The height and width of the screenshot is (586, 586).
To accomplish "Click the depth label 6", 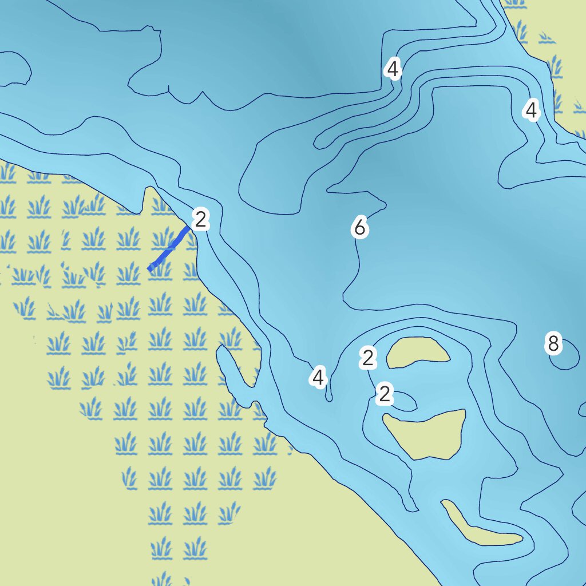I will point(359,228).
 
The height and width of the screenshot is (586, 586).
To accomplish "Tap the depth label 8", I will point(552,344).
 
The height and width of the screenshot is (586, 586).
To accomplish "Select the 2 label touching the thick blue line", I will point(200,219).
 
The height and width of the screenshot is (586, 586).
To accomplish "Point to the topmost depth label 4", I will point(392,69).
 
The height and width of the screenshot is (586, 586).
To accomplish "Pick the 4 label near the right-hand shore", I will point(532,110).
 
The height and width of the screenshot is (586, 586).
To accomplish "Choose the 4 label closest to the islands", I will point(318,378).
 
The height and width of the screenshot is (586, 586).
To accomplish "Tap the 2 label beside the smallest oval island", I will point(368,358).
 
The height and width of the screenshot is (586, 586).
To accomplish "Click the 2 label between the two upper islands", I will point(385,394).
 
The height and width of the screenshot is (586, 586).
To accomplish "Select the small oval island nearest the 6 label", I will point(418,351).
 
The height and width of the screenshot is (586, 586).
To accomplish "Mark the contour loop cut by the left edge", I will point(14,69).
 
